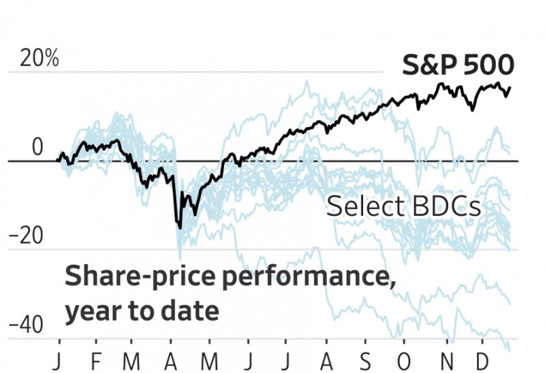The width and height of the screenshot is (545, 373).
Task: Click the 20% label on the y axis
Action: pyautogui.click(x=40, y=59)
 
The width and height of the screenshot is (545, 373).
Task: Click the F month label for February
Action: pyautogui.click(x=96, y=359)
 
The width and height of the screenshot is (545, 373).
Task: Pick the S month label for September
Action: pyautogui.click(x=367, y=359)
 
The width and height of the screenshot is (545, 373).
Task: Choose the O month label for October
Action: pyautogui.click(x=406, y=359)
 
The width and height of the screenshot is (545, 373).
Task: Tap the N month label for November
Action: pyautogui.click(x=447, y=359)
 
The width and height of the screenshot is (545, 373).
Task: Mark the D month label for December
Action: pyautogui.click(x=483, y=359)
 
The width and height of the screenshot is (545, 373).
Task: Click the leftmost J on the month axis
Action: pyautogui.click(x=60, y=359)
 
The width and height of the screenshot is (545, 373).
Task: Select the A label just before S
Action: pyautogui.click(x=328, y=359)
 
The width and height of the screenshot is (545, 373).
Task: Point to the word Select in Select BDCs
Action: pyautogui.click(x=363, y=206)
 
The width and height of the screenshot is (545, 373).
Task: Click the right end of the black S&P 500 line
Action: pyautogui.click(x=510, y=87)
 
